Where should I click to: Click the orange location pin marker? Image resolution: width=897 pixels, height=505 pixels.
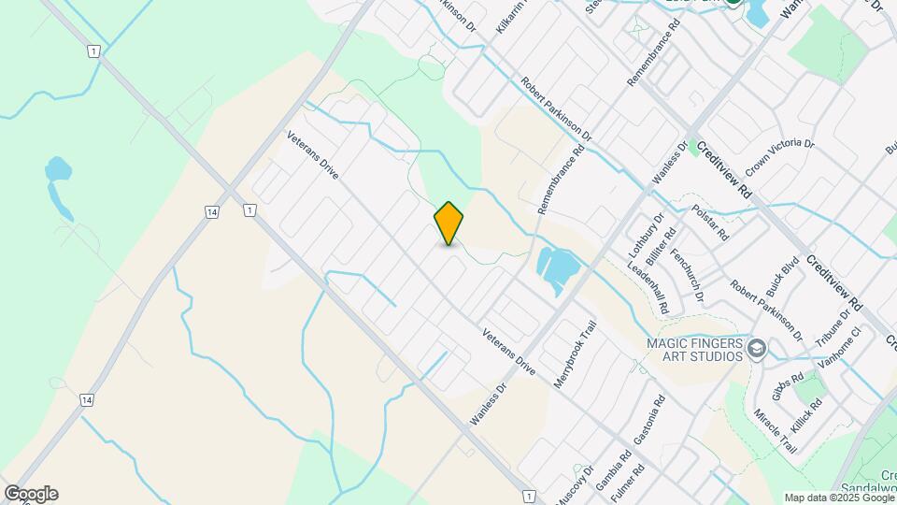point(448,223)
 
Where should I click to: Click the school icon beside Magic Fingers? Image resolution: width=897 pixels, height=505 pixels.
point(757,350)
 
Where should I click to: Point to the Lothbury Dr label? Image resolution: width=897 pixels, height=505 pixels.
point(645,235)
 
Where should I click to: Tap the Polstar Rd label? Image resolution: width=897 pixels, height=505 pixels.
point(710,223)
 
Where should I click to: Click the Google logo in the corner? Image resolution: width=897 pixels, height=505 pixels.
point(30,493)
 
